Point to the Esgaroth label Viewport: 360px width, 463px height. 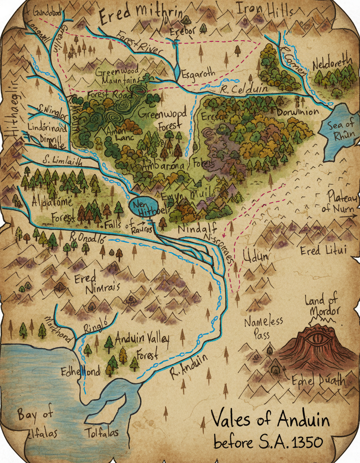pos(198,75)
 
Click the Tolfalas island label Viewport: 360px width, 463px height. pos(101,433)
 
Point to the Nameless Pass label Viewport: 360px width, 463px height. pos(263,327)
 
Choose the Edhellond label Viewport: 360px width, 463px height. pos(80,372)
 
